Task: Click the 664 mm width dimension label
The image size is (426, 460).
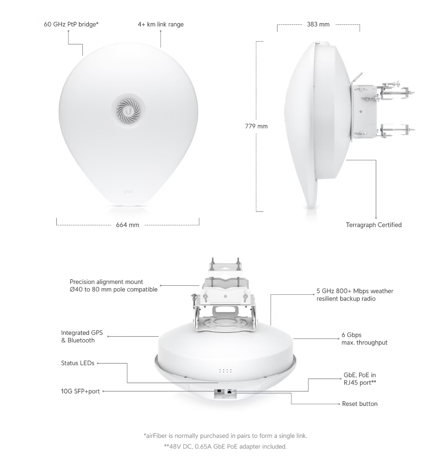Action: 127,225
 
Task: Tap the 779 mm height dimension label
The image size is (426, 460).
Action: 256,126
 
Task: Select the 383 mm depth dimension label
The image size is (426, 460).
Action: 318,24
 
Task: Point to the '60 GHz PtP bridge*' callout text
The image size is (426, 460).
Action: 71,24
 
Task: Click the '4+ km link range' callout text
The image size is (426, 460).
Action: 161,24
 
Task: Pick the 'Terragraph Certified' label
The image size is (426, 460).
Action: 374,225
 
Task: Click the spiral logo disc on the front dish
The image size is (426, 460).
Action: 128,111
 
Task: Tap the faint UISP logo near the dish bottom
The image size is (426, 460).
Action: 128,192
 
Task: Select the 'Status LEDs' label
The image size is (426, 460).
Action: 77,363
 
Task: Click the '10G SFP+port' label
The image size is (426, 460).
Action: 80,391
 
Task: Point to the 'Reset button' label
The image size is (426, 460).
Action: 360,404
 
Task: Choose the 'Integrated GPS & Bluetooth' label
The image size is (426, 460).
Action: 82,337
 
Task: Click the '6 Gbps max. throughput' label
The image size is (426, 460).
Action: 364,339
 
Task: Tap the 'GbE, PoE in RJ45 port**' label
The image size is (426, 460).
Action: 360,379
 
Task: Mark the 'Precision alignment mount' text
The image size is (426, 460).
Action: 106,282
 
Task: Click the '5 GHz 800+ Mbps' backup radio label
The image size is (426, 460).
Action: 355,295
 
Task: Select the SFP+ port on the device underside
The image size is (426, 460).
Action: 219,391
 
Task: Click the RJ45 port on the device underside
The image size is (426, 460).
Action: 230,391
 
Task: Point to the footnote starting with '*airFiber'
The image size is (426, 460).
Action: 225,436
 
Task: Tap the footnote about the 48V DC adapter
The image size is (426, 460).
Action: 225,446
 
